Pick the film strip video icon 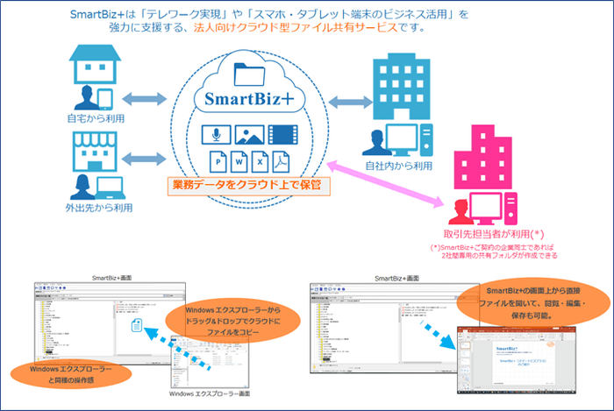(x=283, y=134)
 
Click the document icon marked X (x=261, y=162)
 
